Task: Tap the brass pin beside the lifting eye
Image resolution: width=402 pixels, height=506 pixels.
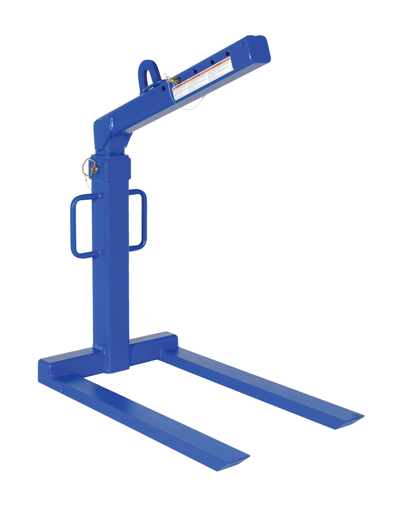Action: coord(174,80)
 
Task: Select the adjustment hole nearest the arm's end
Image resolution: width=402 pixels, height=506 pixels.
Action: coord(227,53)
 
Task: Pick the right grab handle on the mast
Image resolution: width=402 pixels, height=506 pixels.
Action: coord(139,220)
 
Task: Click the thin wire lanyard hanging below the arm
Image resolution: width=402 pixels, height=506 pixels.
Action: coord(185,105)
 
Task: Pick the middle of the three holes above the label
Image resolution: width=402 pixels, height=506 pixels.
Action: coord(212,61)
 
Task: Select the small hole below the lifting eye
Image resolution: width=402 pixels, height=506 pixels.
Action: coord(163,88)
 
